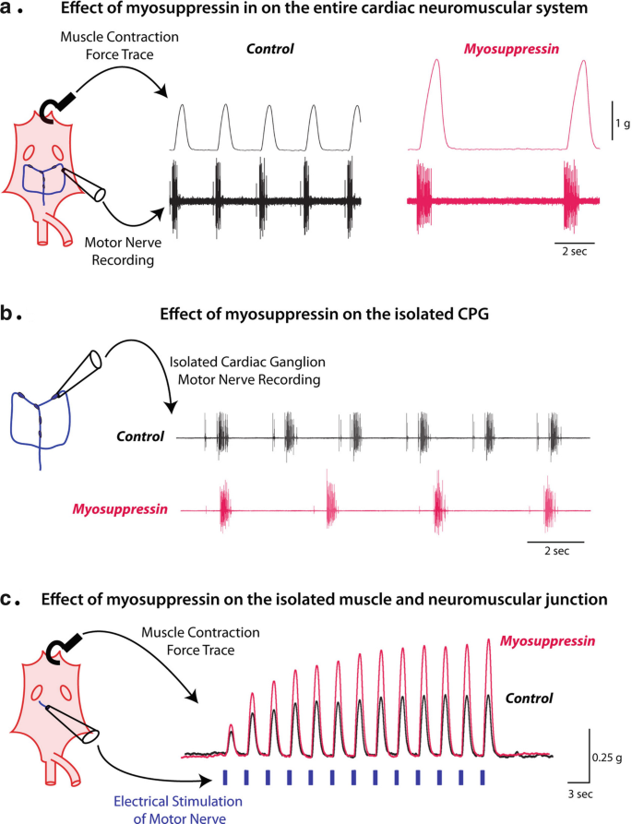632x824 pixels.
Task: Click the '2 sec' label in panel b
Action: (x=555, y=551)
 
